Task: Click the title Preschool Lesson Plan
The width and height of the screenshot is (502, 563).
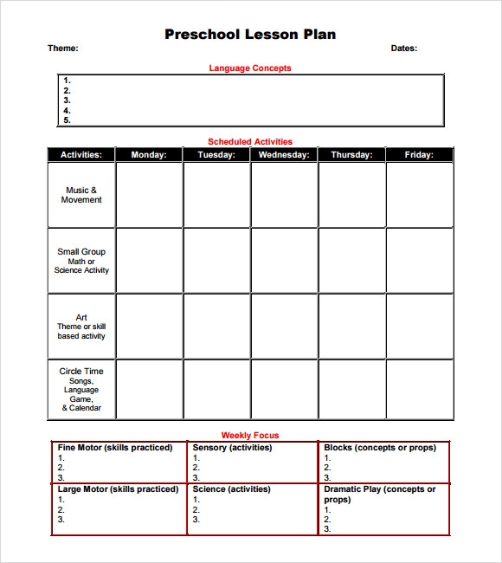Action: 250,35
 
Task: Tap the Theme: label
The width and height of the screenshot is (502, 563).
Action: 62,49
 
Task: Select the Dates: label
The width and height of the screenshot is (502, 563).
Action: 403,49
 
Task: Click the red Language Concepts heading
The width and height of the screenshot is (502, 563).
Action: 250,68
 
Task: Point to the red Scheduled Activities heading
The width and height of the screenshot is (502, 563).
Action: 250,141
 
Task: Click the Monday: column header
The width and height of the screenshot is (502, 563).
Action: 149,155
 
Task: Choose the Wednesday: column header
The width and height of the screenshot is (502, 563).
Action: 284,155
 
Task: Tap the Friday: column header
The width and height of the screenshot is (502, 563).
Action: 419,155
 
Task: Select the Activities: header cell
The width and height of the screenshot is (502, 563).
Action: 81,155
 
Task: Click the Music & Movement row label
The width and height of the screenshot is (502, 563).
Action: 81,195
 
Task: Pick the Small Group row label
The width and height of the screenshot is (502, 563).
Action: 81,252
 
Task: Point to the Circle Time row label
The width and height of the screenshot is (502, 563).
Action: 81,372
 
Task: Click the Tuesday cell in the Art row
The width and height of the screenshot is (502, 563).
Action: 216,327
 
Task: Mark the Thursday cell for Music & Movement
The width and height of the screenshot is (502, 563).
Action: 351,195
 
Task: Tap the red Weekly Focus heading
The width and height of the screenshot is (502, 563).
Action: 250,435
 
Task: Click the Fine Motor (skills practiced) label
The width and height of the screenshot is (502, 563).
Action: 115,448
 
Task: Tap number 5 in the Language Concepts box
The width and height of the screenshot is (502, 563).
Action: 67,120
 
